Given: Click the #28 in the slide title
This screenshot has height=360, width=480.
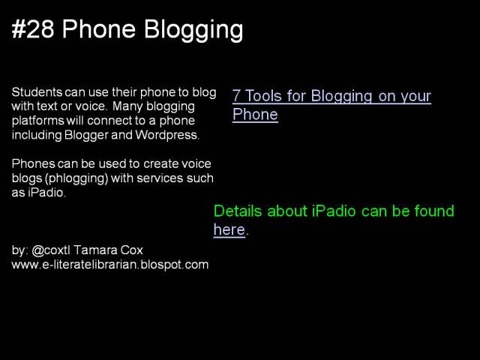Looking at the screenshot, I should tap(33, 30).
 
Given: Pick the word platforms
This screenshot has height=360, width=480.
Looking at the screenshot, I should tap(36, 121).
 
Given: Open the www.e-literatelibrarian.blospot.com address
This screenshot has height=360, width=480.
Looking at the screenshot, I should tap(109, 264).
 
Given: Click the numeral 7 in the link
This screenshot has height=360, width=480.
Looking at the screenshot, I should tap(237, 97).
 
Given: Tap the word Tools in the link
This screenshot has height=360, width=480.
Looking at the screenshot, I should tap(263, 97).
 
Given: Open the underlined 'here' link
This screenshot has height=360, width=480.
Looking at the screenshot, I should tap(229, 230).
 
